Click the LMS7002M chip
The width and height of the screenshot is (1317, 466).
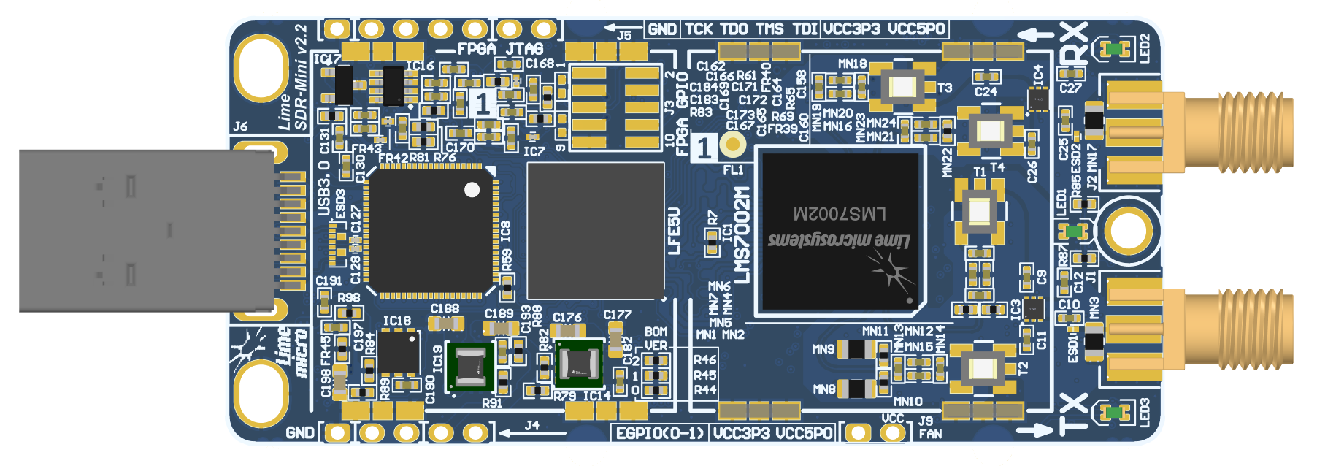840,230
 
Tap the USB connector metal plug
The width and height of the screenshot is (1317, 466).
146,231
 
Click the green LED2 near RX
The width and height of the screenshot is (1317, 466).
1114,49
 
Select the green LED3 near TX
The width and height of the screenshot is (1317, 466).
1114,412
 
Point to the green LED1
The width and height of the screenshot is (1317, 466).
1074,231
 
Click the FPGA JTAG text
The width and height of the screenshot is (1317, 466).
500,50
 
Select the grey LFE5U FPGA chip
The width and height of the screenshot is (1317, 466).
595,231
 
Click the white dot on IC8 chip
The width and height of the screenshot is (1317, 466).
472,190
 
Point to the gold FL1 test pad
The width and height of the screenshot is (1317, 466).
732,144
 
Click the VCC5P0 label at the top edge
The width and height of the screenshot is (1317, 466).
917,29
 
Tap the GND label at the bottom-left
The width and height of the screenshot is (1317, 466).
300,433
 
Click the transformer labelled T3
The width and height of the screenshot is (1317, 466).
903,87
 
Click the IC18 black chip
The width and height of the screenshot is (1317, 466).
399,354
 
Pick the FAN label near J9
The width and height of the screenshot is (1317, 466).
930,435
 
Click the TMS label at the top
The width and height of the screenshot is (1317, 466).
769,29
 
